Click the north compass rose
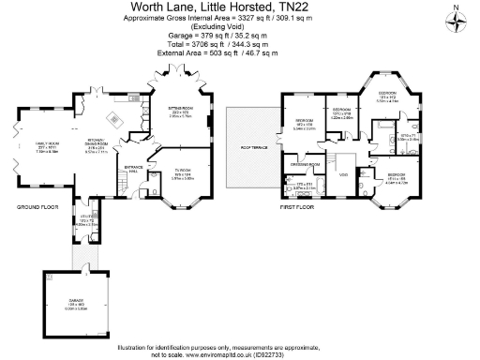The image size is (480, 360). (x=456, y=22)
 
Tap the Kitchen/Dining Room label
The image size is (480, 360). (x=97, y=145)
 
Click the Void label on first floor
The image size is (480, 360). (x=343, y=175)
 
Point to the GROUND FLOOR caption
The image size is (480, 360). (x=37, y=205)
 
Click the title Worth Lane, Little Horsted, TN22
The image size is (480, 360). (x=228, y=7)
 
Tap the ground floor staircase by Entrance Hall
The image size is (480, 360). (x=121, y=186)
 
